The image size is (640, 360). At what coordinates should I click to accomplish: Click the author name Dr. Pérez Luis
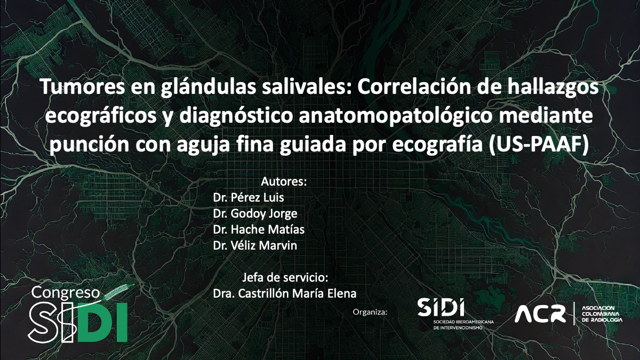pyautogui.click(x=249, y=197)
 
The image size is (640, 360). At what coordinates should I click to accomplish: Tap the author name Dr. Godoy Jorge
pyautogui.click(x=255, y=213)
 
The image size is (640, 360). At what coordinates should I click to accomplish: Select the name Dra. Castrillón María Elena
pyautogui.click(x=284, y=294)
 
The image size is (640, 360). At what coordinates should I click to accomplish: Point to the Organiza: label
pyautogui.click(x=370, y=311)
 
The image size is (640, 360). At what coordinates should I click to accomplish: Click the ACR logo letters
pyautogui.click(x=540, y=314)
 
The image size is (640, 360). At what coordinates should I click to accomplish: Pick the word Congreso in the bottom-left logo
pyautogui.click(x=66, y=293)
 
